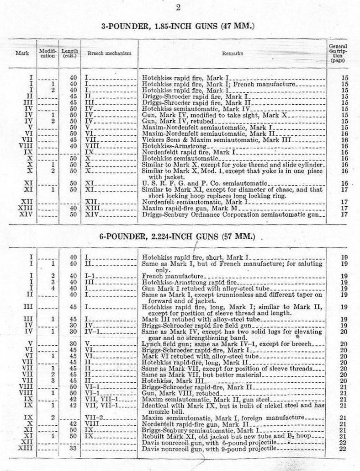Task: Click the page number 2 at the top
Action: pos(178,6)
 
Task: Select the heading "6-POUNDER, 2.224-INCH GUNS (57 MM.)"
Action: pos(177,237)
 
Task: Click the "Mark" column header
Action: pos(22,54)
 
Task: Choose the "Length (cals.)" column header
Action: pos(69,53)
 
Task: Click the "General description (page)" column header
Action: pos(338,53)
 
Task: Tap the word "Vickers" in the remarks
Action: pos(153,139)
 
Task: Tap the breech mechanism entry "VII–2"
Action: pos(94,417)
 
